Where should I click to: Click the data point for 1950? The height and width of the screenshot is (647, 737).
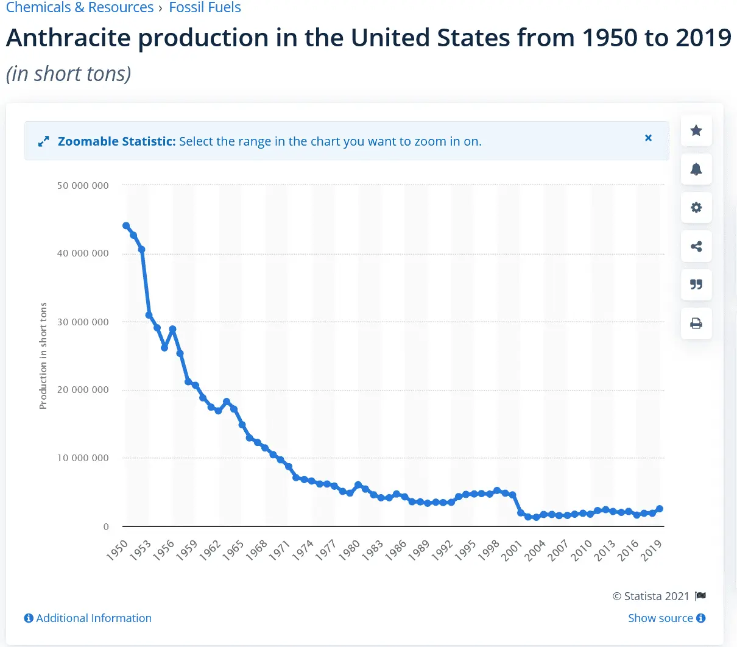coord(126,226)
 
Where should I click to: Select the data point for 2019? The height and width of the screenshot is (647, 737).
coord(660,509)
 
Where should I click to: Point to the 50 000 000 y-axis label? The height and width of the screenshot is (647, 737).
coord(83,185)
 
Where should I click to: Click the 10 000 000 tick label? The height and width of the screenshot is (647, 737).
coord(83,458)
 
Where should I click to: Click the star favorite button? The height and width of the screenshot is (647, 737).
coord(696,130)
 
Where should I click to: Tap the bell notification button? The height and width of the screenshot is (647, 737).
coord(696,169)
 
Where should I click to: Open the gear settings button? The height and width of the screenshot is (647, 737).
coord(696,208)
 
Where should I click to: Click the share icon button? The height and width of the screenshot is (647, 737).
coord(696,246)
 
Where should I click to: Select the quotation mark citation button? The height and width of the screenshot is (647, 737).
coord(696,285)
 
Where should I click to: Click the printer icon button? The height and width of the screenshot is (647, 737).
coord(696,323)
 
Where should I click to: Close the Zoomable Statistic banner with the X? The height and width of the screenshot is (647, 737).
coord(648,138)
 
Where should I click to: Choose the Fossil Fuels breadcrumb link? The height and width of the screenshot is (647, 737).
coord(205,8)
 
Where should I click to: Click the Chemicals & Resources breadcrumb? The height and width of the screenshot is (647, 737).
coord(80,8)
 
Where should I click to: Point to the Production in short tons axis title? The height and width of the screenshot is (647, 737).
coord(43,356)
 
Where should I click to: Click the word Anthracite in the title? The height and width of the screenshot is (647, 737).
coord(69,38)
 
